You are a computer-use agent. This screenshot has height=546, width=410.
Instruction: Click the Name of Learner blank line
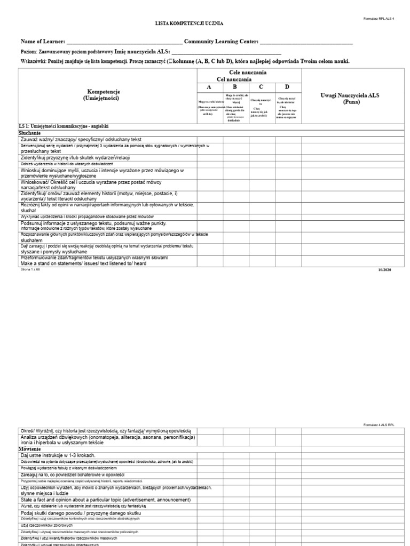tap(124, 43)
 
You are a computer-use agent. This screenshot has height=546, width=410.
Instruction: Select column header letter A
tap(209, 87)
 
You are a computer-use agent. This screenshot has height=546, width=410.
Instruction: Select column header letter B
tap(234, 87)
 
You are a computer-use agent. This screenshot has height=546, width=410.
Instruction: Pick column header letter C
tap(261, 87)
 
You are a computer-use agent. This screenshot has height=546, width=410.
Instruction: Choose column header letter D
tap(287, 87)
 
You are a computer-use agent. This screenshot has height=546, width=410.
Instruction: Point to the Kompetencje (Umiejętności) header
tap(104, 95)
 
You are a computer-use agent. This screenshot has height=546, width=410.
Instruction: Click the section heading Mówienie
tap(30, 449)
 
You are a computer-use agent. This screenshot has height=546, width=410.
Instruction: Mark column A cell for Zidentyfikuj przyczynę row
tap(209, 158)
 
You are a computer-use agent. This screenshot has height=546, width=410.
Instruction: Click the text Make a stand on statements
tap(83, 263)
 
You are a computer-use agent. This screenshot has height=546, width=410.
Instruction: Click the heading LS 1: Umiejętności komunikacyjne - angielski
tap(64, 126)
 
